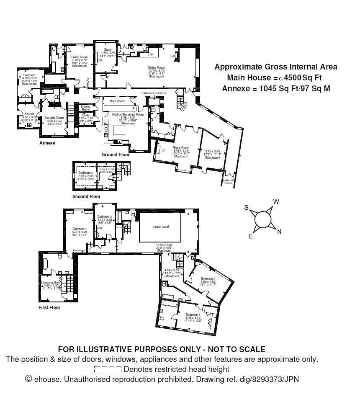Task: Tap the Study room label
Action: click(108, 49)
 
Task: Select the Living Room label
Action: click(79, 57)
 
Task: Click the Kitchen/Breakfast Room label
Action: click(128, 114)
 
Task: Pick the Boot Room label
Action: click(117, 101)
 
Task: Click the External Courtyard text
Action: click(154, 93)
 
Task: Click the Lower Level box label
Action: click(160, 227)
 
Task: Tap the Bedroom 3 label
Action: click(208, 278)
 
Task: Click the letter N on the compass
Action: click(280, 232)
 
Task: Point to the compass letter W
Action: click(276, 202)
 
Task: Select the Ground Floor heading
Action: click(115, 155)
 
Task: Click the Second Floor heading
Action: click(86, 196)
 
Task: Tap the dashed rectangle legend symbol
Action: click(108, 369)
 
